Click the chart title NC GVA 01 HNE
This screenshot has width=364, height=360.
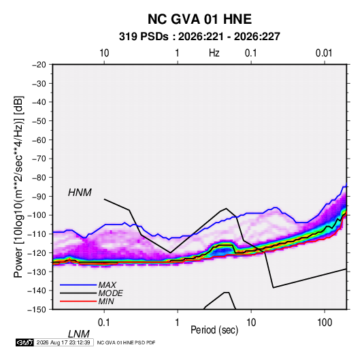pyautogui.click(x=199, y=19)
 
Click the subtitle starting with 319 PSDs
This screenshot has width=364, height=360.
pyautogui.click(x=199, y=37)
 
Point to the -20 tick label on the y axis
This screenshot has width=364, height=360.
pyautogui.click(x=39, y=65)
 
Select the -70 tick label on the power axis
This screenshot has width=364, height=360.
pyautogui.click(x=39, y=159)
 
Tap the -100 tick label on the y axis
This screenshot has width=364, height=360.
pyautogui.click(x=37, y=215)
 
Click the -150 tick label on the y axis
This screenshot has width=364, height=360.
pyautogui.click(x=37, y=310)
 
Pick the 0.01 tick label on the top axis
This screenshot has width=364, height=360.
pyautogui.click(x=324, y=53)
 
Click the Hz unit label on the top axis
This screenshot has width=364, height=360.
pyautogui.click(x=214, y=53)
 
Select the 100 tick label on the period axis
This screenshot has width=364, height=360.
pyautogui.click(x=325, y=323)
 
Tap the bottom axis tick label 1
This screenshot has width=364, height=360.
pyautogui.click(x=178, y=323)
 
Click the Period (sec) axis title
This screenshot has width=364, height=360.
pyautogui.click(x=214, y=330)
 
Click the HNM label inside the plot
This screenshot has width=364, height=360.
pyautogui.click(x=80, y=193)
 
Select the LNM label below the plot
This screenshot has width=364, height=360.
pyautogui.click(x=79, y=334)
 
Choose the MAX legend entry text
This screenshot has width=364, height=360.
pyautogui.click(x=107, y=285)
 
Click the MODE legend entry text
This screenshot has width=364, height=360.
pyautogui.click(x=110, y=293)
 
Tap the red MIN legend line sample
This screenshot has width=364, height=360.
pyautogui.click(x=78, y=301)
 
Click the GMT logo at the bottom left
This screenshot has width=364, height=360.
pyautogui.click(x=24, y=342)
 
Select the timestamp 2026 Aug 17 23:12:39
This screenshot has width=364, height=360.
pyautogui.click(x=63, y=342)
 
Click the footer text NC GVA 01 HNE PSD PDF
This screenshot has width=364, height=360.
pyautogui.click(x=126, y=342)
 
